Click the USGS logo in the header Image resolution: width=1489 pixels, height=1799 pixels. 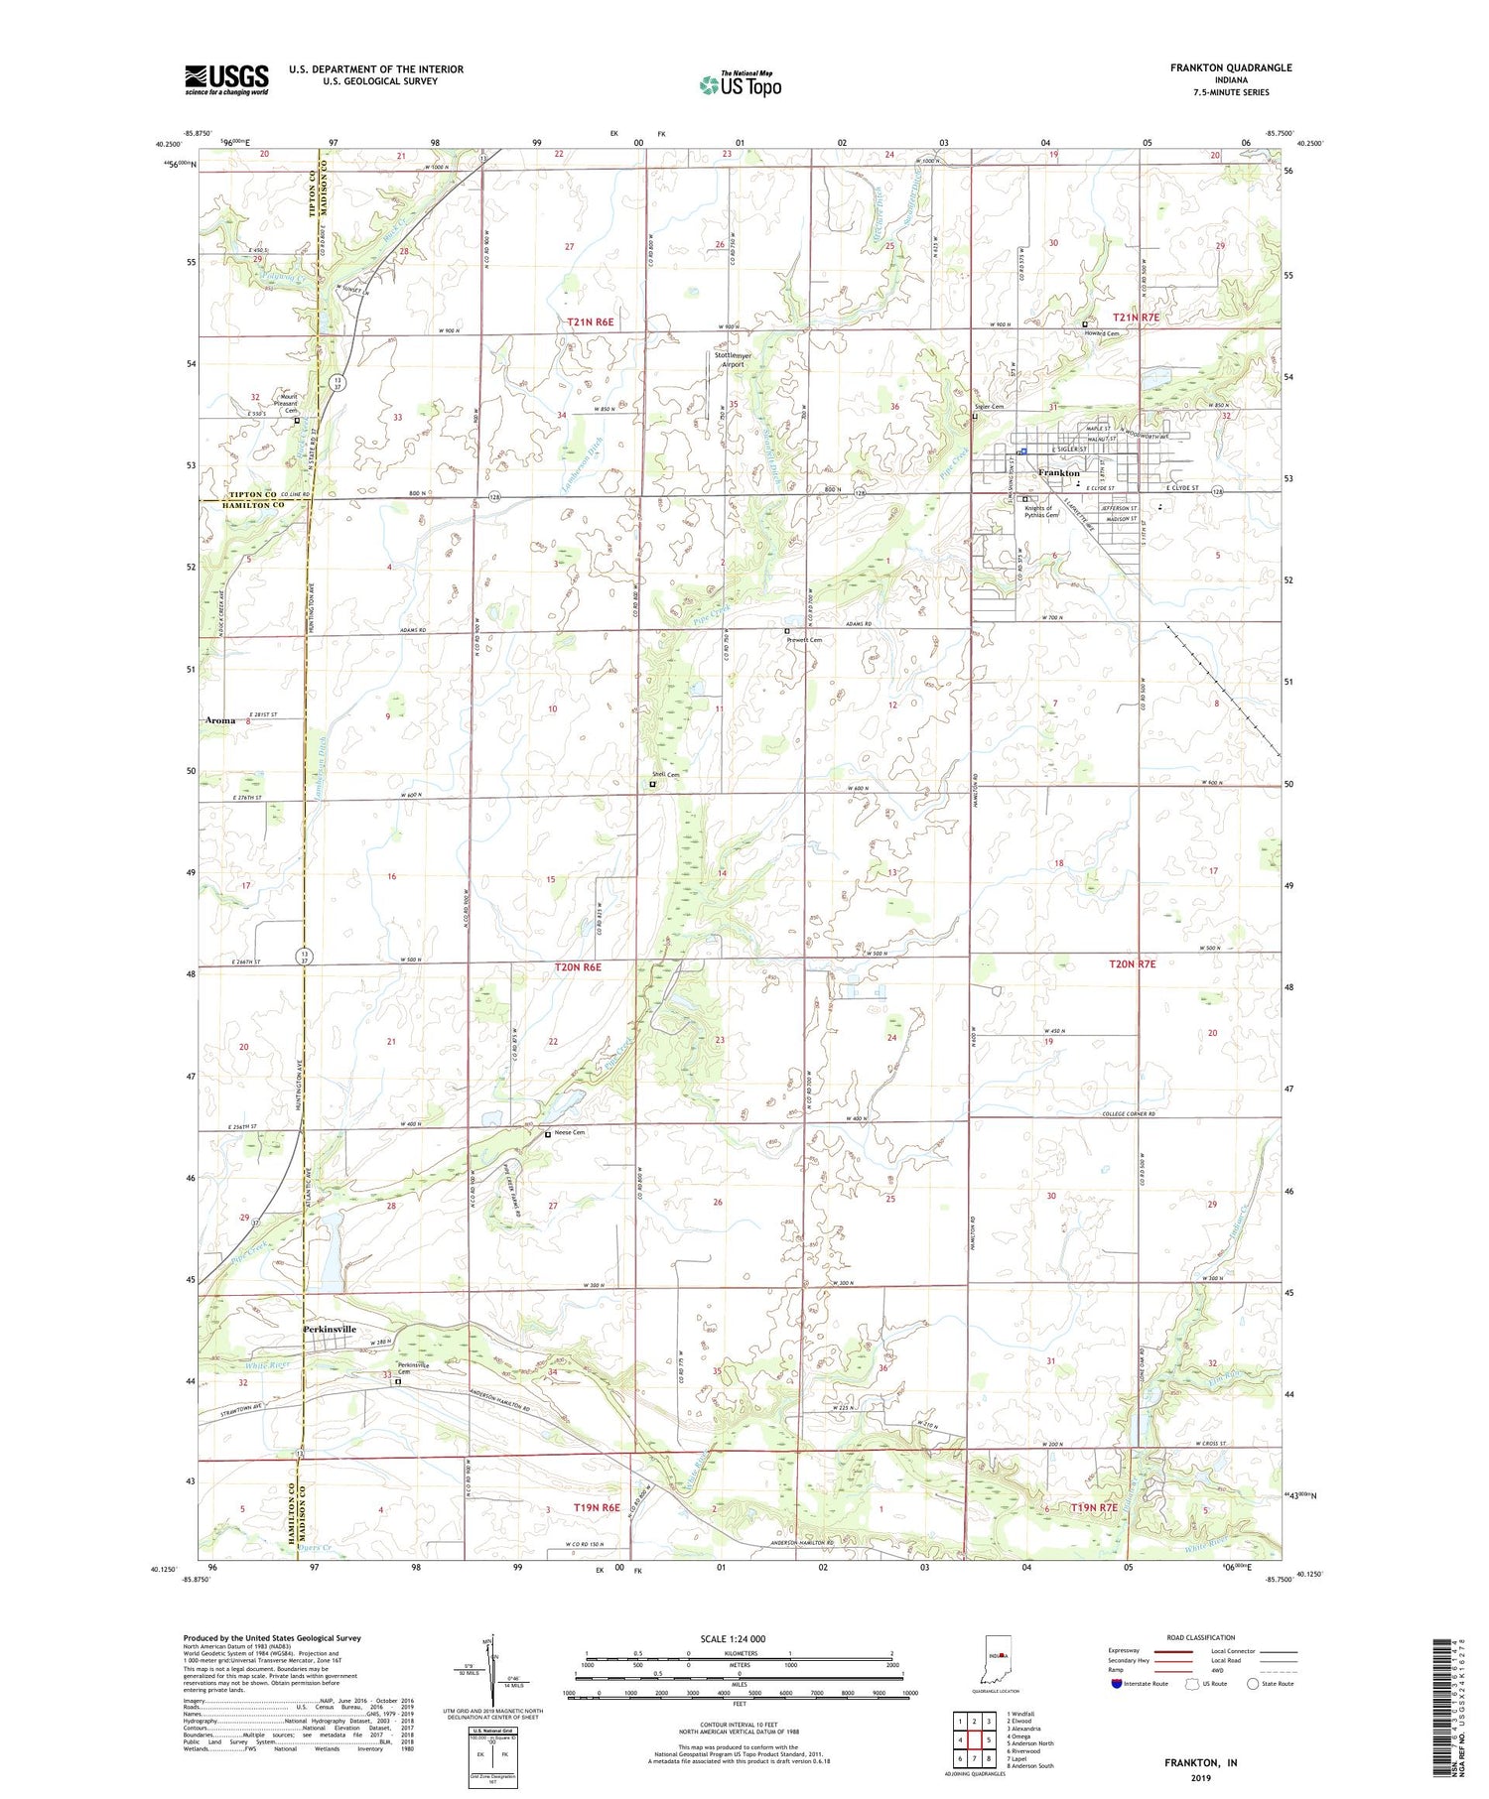click(x=226, y=79)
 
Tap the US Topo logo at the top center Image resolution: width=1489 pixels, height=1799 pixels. click(x=741, y=85)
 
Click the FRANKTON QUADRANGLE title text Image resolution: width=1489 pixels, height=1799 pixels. click(x=1230, y=67)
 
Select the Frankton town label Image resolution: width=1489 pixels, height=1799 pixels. click(x=1058, y=473)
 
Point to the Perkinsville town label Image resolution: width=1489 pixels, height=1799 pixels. click(x=329, y=1329)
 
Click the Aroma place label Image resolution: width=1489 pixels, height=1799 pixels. click(x=220, y=720)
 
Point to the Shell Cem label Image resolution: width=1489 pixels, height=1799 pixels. click(x=665, y=775)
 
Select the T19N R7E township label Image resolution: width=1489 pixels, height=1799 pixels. click(x=1094, y=1507)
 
